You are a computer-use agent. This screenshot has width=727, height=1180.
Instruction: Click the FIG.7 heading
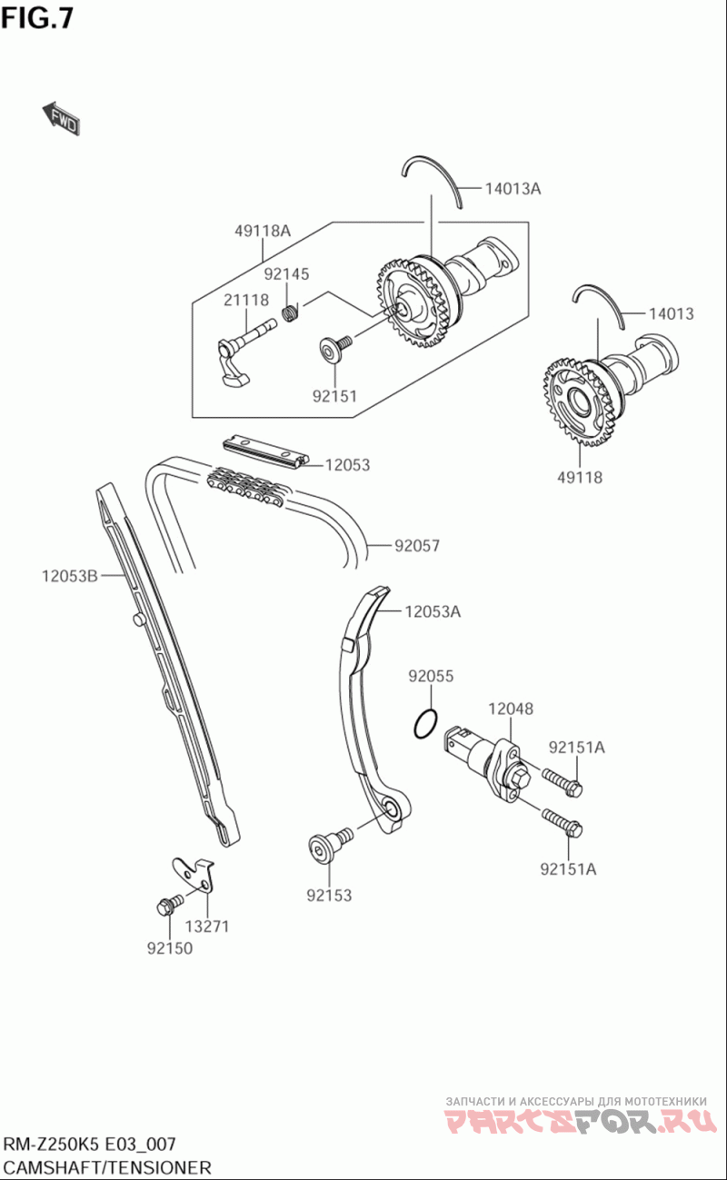point(37,17)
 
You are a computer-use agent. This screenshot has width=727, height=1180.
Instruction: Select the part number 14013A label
point(512,189)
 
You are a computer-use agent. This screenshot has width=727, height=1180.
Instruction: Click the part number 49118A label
point(262,231)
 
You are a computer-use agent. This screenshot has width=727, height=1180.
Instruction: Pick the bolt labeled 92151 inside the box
point(333,349)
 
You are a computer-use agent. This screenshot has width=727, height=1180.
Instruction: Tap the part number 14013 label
point(671,314)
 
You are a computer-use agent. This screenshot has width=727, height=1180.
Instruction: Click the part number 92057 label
point(417,546)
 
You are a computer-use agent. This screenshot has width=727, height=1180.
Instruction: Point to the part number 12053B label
point(69,575)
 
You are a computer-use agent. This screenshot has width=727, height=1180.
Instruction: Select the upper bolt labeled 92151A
point(563,779)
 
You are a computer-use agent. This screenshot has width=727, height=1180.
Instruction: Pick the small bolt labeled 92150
point(166,905)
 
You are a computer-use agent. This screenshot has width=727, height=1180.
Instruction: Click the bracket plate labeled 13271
point(198,873)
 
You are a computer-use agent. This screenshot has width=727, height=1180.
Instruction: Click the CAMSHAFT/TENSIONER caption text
point(107,1167)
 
